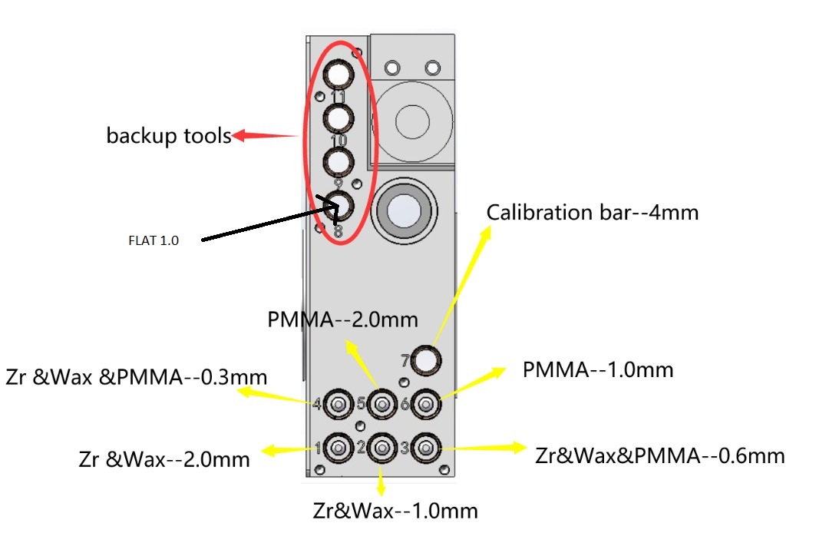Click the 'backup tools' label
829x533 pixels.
pos(169,136)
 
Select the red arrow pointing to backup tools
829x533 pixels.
pos(265,137)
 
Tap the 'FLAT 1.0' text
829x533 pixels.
pos(153,240)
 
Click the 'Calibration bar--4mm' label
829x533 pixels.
pos(593,212)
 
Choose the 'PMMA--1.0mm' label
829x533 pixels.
pos(598,370)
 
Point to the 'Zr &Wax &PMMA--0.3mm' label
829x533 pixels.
pos(137,377)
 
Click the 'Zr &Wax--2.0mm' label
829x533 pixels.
pos(164,459)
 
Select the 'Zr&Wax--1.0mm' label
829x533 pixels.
pos(395,510)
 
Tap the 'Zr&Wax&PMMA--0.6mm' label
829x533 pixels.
pos(660,455)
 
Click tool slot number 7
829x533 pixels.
pos(426,359)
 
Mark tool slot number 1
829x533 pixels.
pos(338,447)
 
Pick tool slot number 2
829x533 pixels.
pos(381,447)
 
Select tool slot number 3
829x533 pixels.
pos(425,447)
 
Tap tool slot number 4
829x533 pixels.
pos(338,403)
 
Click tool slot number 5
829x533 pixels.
pos(381,403)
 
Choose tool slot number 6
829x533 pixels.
pos(425,403)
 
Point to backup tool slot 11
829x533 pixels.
pos(338,74)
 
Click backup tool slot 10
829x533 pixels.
pos(338,118)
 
